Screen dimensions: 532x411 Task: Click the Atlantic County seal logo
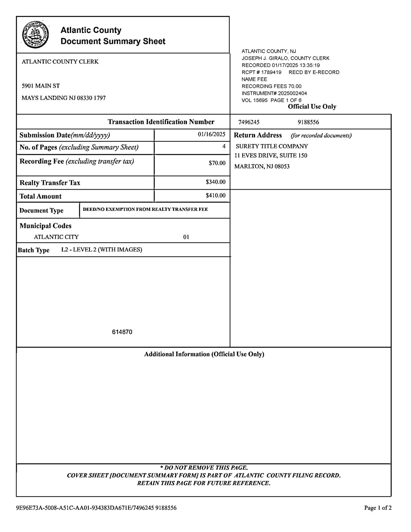pos(35,35)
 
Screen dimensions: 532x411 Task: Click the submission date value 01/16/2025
pos(212,135)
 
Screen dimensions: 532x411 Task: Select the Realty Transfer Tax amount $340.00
pos(215,182)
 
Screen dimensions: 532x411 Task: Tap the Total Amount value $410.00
pos(215,196)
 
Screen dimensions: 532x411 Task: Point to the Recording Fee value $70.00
pos(217,163)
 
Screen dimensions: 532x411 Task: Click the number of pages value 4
pos(224,146)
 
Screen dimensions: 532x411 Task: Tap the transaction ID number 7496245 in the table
pos(249,122)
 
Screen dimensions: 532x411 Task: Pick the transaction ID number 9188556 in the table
pos(308,122)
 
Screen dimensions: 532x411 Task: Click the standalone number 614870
pos(122,332)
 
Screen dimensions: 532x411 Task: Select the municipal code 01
pos(186,237)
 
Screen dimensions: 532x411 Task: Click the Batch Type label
pos(34,250)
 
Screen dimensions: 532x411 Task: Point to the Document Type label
pos(41,211)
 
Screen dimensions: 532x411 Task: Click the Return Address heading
pos(258,135)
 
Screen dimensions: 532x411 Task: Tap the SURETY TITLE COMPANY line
pos(272,146)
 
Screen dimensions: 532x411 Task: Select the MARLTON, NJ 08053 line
pos(262,167)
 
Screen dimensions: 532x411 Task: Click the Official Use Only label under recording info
pos(312,107)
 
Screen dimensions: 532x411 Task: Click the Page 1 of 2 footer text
pos(377,508)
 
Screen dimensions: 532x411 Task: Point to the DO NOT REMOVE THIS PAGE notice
pos(204,468)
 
